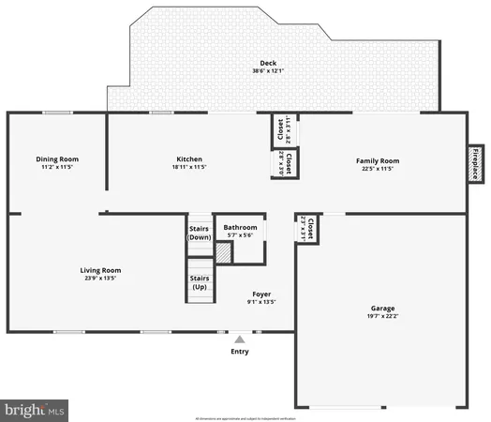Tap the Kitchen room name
[189, 159]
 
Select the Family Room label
[378, 160]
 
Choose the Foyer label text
[261, 294]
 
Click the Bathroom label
[240, 228]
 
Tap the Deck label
[268, 63]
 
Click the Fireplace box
[475, 163]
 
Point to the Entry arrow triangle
[240, 339]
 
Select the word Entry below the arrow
[240, 352]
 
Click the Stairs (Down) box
[200, 232]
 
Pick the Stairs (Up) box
[200, 282]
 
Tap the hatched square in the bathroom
[223, 252]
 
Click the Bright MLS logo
[36, 409]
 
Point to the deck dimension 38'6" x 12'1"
[268, 71]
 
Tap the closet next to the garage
[305, 226]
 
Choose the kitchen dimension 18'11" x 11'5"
[189, 168]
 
